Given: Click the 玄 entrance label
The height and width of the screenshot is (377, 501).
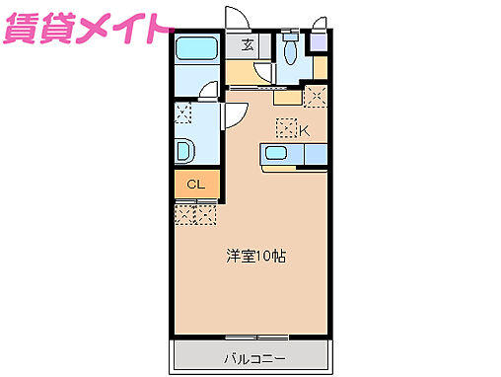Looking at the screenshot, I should pyautogui.click(x=245, y=44).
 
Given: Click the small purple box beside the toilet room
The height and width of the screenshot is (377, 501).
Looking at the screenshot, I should pyautogui.click(x=318, y=42).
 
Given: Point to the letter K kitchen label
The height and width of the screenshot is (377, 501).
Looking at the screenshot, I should pyautogui.click(x=305, y=129).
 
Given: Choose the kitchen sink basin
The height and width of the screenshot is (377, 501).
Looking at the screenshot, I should pyautogui.click(x=275, y=154).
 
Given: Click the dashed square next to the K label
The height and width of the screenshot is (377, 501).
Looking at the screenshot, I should pyautogui.click(x=286, y=127).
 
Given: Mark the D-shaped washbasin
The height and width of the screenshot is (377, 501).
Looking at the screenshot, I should pyautogui.click(x=184, y=151).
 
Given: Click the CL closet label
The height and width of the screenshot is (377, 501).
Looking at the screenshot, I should pyautogui.click(x=195, y=185).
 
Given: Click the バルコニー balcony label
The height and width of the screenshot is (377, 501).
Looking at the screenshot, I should pyautogui.click(x=253, y=354).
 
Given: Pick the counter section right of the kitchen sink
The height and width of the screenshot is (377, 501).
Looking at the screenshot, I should pyautogui.click(x=317, y=154).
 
